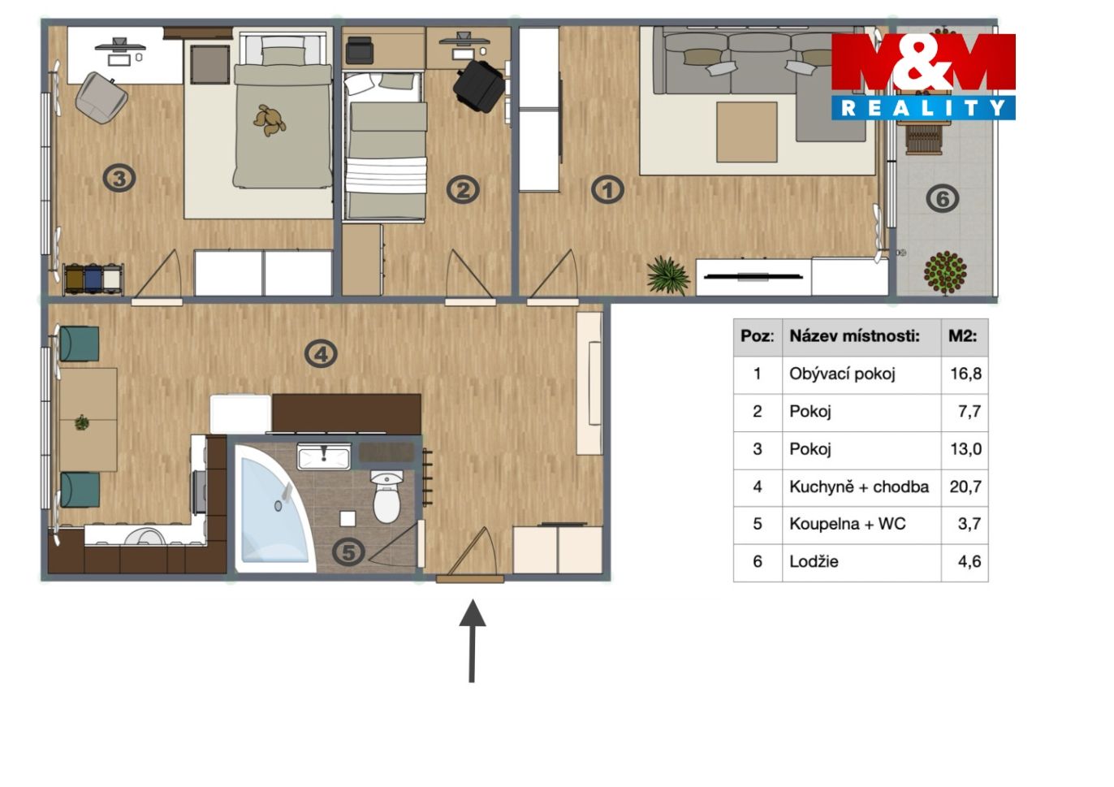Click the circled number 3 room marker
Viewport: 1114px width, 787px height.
pos(119,178)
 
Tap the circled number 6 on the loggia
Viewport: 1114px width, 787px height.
pos(943,198)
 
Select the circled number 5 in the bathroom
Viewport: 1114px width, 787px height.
pos(348,552)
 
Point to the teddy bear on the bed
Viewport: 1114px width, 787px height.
pos(270,120)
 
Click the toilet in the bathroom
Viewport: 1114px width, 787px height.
pos(386,496)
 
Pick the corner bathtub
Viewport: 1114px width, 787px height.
pos(274,508)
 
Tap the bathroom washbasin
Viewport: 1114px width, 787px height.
pos(324,456)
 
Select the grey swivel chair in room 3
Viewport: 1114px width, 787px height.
pos(101,98)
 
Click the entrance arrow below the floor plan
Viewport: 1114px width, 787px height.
pos(472,641)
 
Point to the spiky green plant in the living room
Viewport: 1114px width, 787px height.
pos(668,275)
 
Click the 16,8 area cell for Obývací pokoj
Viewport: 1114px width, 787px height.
pos(965,374)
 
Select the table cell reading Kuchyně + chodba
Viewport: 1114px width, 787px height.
pos(859,486)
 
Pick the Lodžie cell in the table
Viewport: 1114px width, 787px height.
pos(814,562)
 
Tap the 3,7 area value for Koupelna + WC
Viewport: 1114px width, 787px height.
pos(969,523)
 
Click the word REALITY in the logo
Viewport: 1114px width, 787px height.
pos(923,108)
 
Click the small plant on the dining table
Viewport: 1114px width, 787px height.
pos(82,423)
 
